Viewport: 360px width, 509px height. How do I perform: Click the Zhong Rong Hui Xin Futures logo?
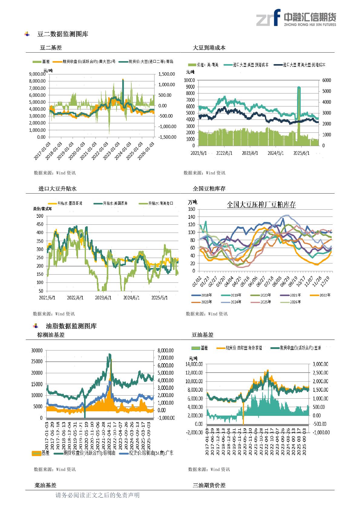coord(296,18)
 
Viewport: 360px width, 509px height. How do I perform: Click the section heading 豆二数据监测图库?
coord(63,34)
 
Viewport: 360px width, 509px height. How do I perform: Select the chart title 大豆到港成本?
coord(209,47)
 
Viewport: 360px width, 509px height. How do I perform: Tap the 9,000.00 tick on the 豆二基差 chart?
coord(37,74)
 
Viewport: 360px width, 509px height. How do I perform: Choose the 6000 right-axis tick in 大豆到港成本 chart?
coord(327,80)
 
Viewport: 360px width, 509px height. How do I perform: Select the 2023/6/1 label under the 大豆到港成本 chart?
coord(250,153)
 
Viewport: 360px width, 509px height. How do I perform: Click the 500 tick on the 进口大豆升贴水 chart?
coord(40,216)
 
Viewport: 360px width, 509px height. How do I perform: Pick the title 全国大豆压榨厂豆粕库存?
coord(261,205)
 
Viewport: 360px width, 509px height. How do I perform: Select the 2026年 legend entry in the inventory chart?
coord(295,302)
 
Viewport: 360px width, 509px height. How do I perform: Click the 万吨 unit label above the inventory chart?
coord(192,202)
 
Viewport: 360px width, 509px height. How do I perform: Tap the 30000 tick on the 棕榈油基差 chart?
coord(37,351)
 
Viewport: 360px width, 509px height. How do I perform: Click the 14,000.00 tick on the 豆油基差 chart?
coord(194,364)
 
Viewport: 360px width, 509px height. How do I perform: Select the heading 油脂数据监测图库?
coord(71,326)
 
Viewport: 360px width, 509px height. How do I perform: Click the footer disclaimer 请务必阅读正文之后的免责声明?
coord(97,495)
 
